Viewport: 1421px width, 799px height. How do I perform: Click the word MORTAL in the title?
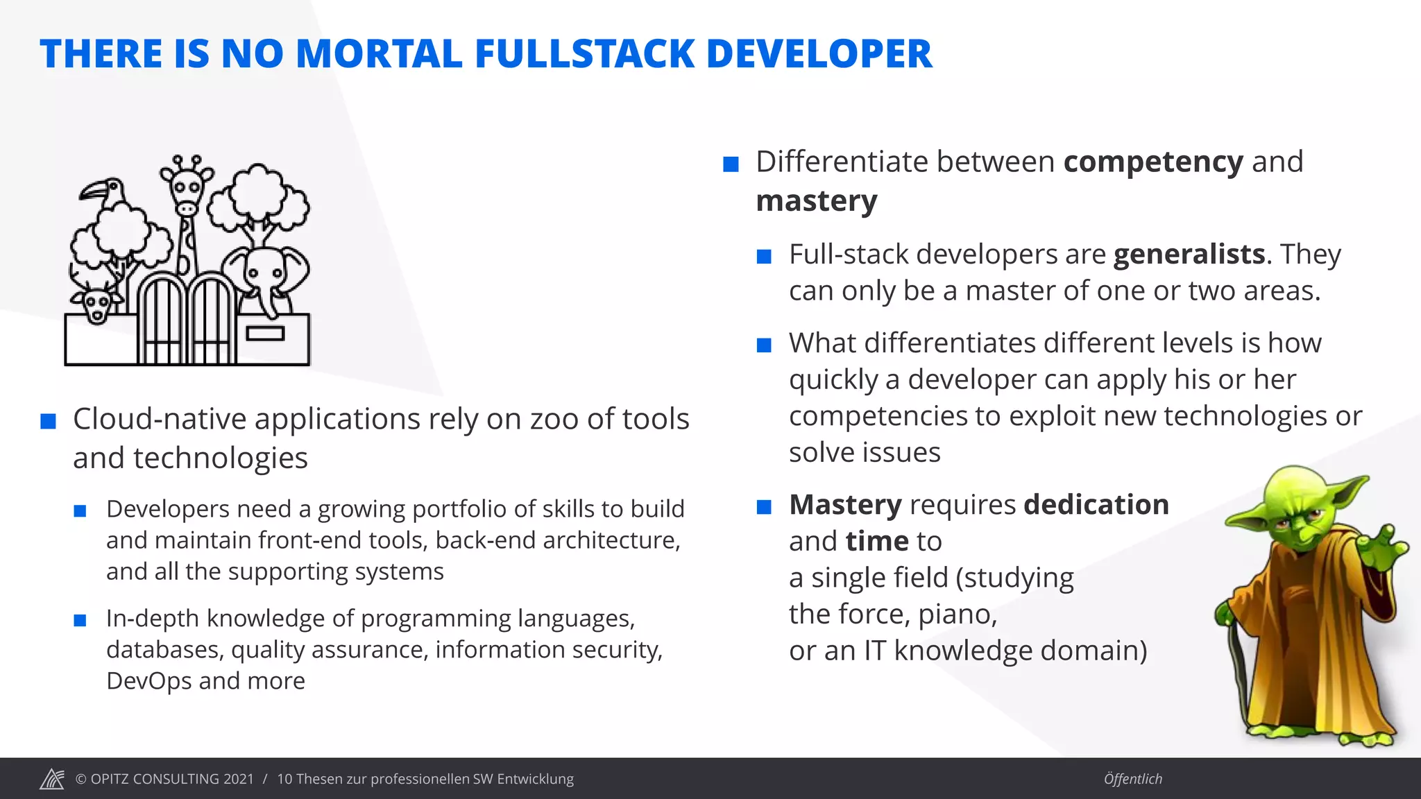point(379,54)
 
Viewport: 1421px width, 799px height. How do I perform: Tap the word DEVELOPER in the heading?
point(819,54)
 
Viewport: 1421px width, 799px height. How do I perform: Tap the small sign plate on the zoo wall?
point(265,334)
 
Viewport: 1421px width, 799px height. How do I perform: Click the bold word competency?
point(1153,162)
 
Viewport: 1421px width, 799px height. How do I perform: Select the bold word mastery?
point(817,201)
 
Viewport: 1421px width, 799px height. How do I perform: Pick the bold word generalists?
point(1189,255)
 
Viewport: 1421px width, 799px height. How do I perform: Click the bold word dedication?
point(1096,505)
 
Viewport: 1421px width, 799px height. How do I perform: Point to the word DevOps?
point(148,681)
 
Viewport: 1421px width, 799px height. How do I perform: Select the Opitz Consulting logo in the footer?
point(52,779)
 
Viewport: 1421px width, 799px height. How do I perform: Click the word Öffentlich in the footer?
point(1132,779)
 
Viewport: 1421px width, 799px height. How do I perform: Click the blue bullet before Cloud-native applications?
point(49,421)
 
